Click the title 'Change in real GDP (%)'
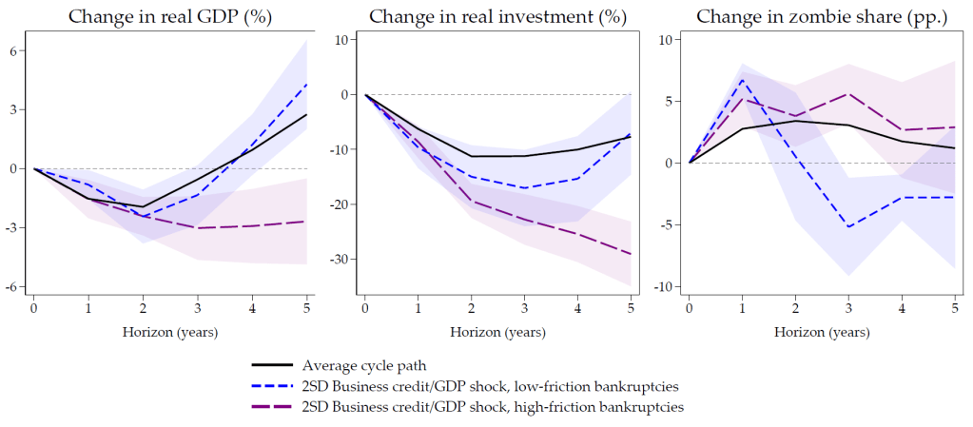click(168, 16)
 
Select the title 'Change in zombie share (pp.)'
click(822, 16)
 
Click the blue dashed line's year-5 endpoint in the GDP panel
click(306, 84)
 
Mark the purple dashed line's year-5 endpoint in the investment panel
click(630, 254)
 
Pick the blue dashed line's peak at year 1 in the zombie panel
click(743, 79)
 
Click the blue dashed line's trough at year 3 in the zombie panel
click(848, 226)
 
